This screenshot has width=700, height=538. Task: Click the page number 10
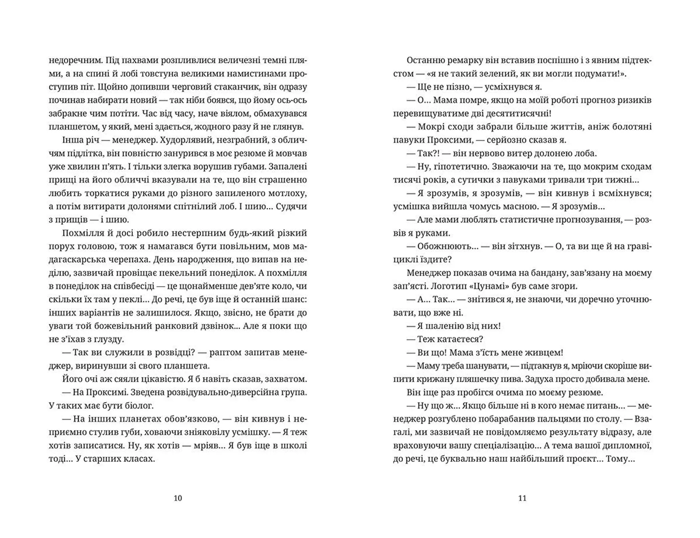pyautogui.click(x=178, y=498)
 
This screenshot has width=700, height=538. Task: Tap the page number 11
pyautogui.click(x=522, y=498)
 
